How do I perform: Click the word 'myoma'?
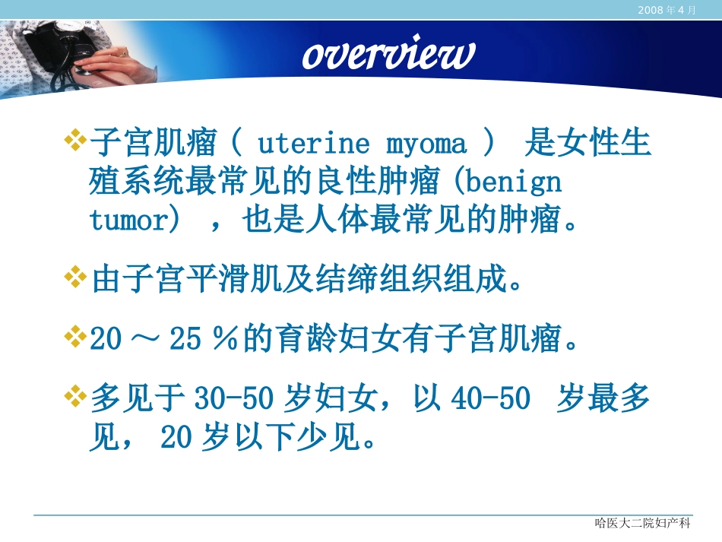click(x=426, y=144)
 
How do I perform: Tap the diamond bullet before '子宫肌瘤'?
click(x=75, y=141)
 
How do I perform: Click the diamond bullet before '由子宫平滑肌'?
click(x=75, y=277)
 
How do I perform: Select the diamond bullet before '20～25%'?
click(x=75, y=338)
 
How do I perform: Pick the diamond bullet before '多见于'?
click(x=75, y=395)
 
